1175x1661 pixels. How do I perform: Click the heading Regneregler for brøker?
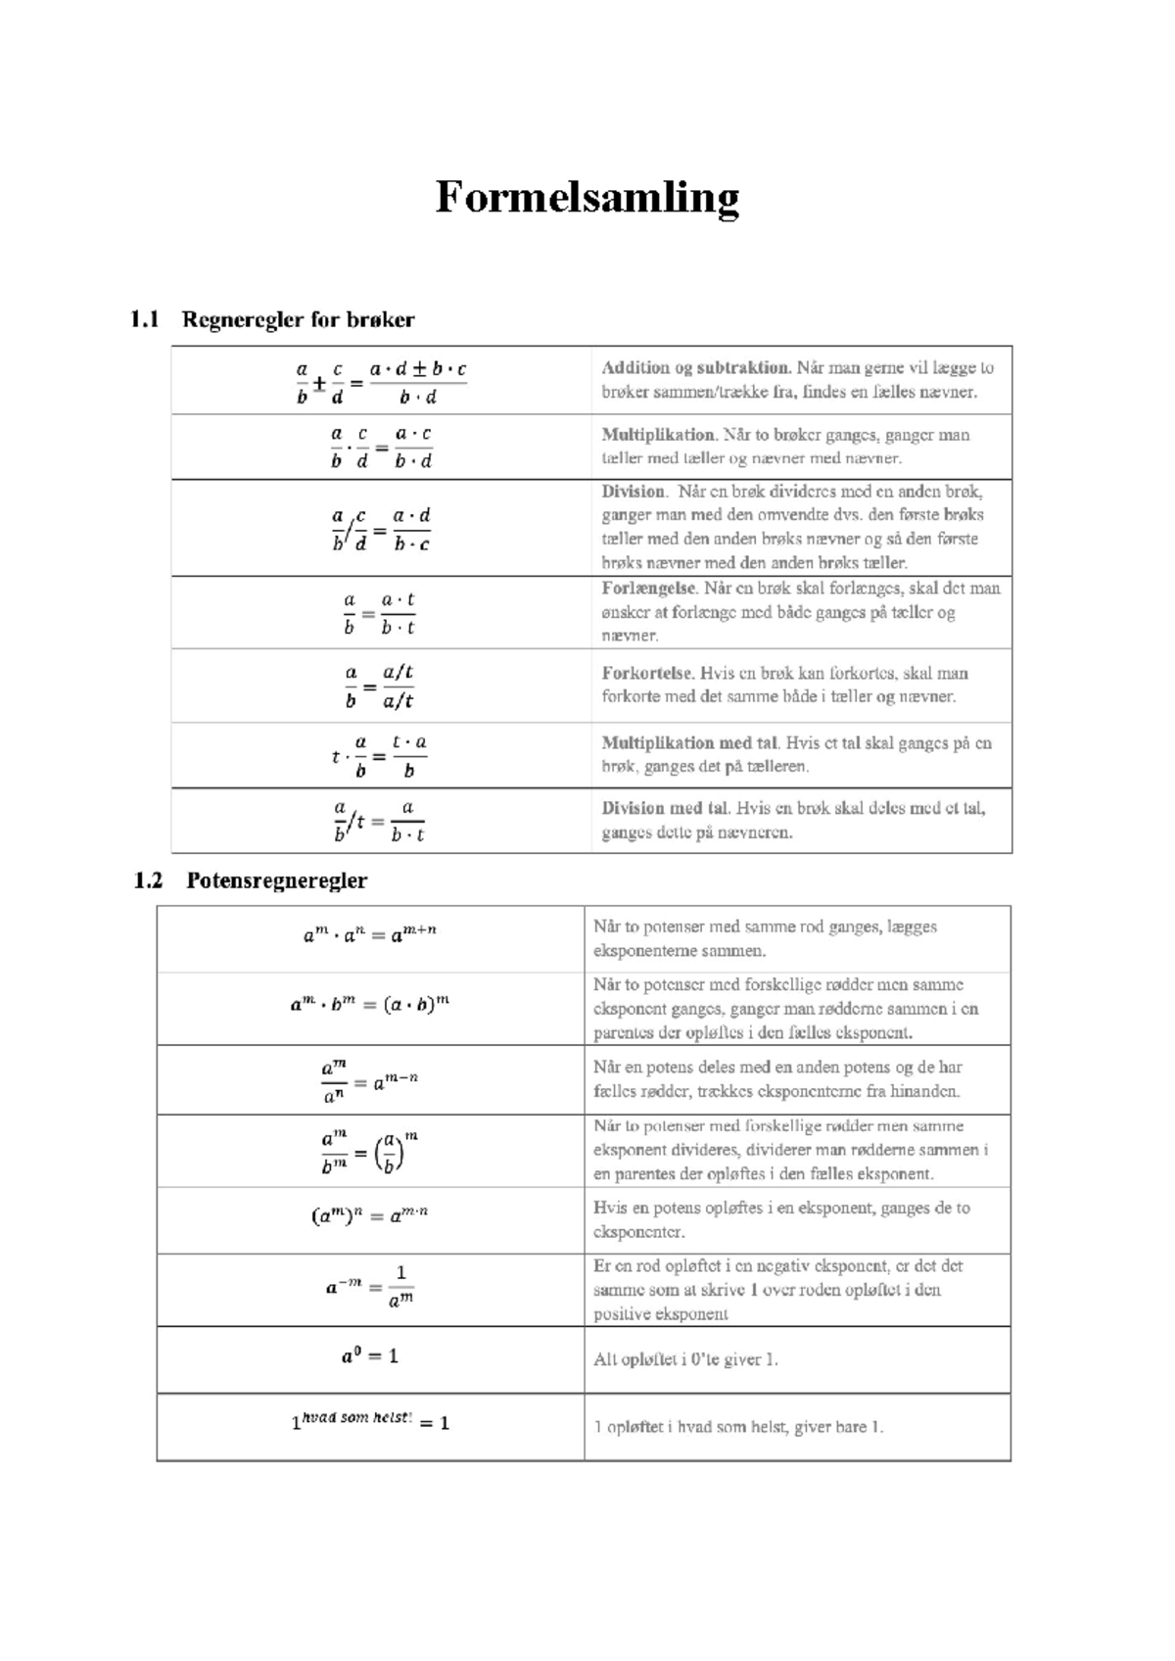coord(298,319)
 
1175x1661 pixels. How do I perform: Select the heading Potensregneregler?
coord(276,880)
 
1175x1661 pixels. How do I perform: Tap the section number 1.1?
coord(144,319)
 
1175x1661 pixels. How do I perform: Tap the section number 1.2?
coord(148,880)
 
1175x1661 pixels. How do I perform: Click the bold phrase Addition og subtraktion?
coord(695,368)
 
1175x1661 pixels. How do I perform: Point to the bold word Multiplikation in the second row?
coord(658,434)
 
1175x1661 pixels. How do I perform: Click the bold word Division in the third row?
coord(633,492)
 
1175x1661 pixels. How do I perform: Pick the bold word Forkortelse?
coord(646,673)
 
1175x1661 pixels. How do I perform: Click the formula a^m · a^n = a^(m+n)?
coord(370,934)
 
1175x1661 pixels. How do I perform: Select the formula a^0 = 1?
coord(369,1356)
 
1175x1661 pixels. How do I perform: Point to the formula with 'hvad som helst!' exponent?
coord(370,1421)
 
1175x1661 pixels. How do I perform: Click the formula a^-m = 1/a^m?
coord(370,1287)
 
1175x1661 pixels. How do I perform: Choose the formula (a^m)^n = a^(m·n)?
coord(370,1216)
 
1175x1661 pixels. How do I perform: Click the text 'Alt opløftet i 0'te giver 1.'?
coord(685,1359)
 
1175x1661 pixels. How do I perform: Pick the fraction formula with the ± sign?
coord(381,383)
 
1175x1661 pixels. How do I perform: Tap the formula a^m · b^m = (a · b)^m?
coord(370,1004)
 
